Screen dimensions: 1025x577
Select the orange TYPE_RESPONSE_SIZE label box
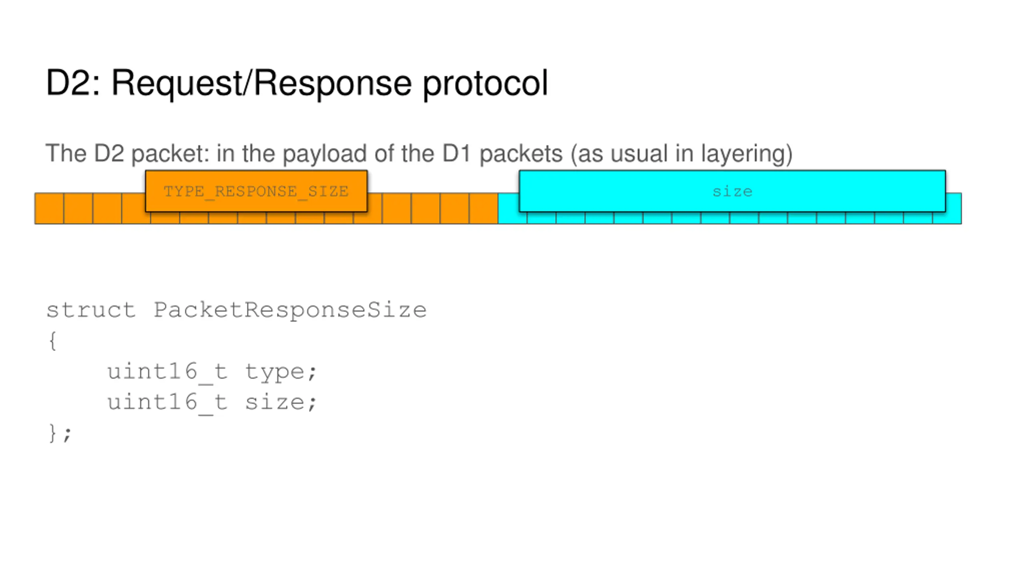click(x=256, y=191)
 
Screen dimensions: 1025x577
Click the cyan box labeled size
click(x=732, y=191)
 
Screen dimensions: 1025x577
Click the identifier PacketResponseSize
click(x=290, y=311)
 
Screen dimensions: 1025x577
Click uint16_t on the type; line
click(x=167, y=372)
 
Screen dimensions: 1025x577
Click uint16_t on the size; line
click(x=167, y=403)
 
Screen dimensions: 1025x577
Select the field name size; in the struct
click(x=281, y=402)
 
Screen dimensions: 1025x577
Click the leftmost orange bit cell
click(x=49, y=208)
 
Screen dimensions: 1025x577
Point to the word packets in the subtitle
click(x=521, y=154)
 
